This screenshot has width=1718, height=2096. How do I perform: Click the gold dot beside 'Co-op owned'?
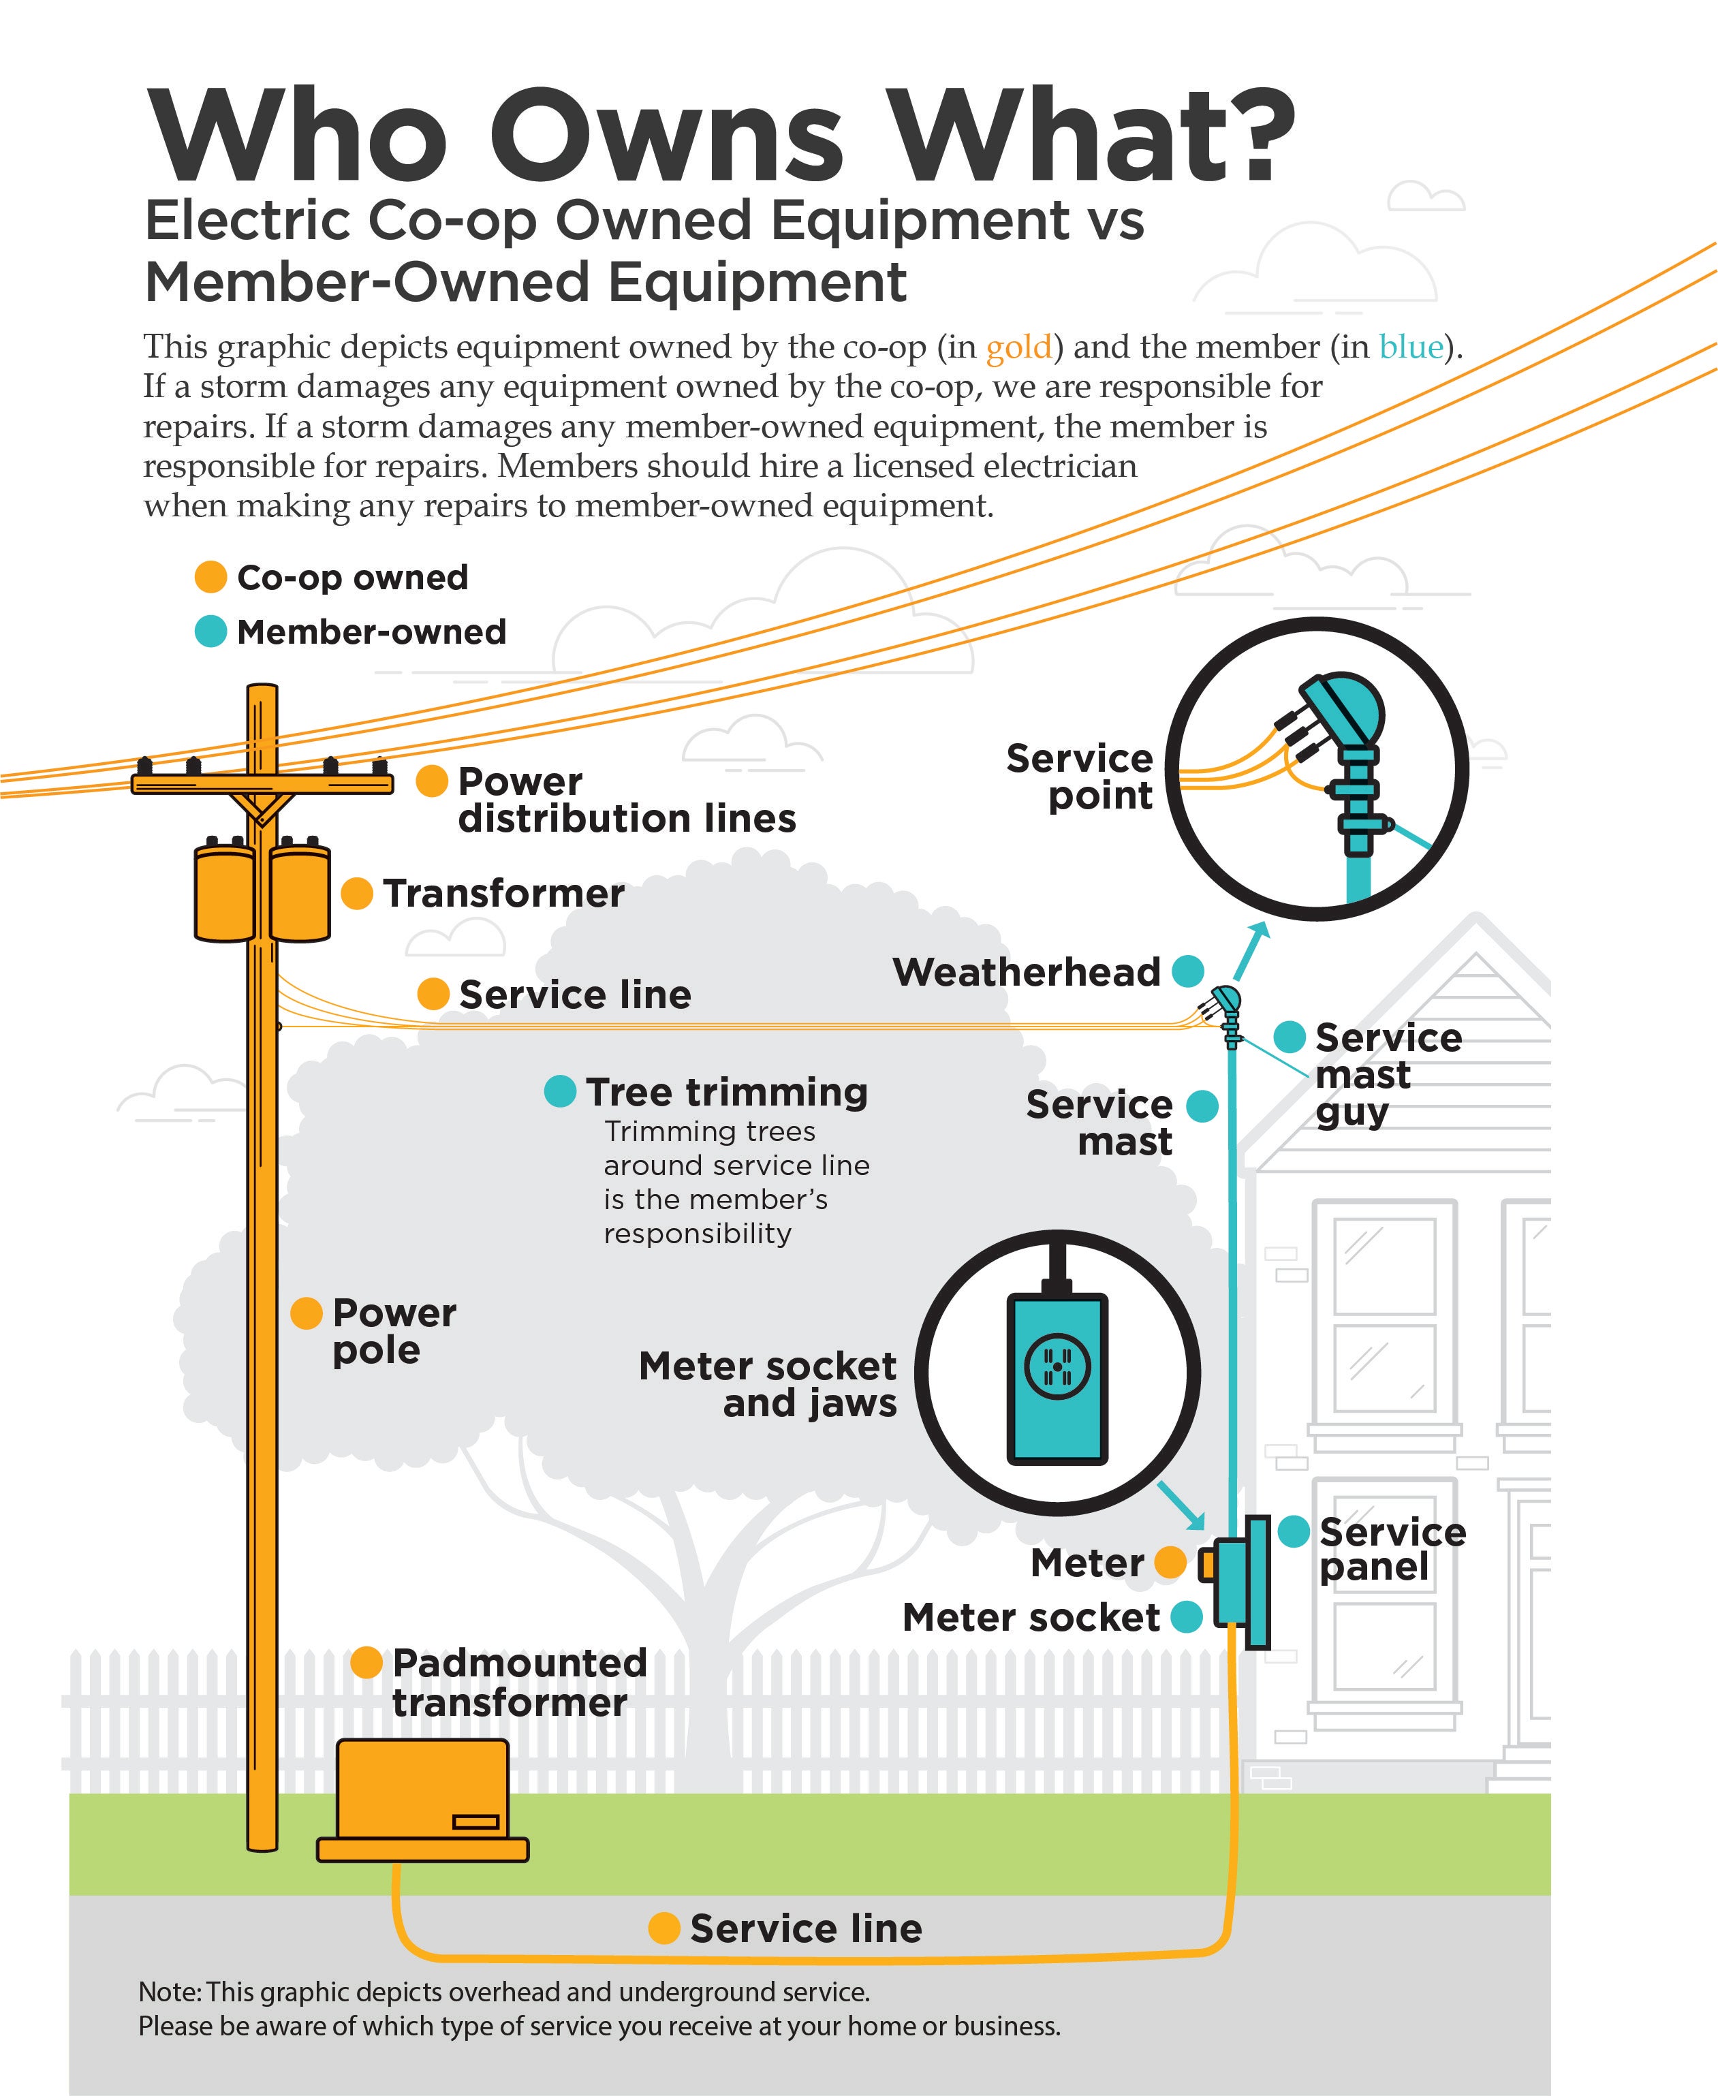[210, 577]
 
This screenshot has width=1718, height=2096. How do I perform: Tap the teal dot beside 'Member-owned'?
[210, 631]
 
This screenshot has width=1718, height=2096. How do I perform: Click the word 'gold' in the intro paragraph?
[1018, 347]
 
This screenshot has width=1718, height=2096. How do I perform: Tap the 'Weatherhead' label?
[1027, 972]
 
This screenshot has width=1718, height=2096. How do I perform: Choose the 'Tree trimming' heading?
[726, 1091]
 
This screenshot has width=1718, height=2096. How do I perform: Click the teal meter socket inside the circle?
[1057, 1377]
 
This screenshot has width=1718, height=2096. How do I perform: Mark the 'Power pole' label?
[393, 1331]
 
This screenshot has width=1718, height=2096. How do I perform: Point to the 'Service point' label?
[1080, 777]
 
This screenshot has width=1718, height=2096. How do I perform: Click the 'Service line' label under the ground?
[806, 1928]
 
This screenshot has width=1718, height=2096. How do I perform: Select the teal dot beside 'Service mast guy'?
[1289, 1037]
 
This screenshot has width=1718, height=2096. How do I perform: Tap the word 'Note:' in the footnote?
[170, 1992]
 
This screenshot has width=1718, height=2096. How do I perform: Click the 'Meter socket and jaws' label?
[768, 1384]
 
